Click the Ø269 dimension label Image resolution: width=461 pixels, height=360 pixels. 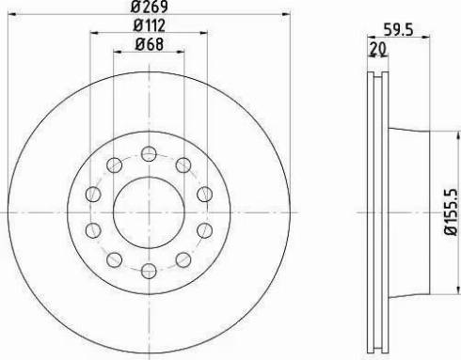pyautogui.click(x=150, y=7)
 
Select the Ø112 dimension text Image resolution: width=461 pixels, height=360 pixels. pyautogui.click(x=150, y=25)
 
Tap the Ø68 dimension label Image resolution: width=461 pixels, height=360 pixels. pyautogui.click(x=150, y=44)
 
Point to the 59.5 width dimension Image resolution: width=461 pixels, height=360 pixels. pyautogui.click(x=399, y=30)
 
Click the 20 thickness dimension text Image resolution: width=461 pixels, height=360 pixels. pyautogui.click(x=377, y=49)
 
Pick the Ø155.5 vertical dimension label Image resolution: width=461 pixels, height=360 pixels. pyautogui.click(x=452, y=212)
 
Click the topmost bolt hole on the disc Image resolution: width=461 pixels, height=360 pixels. pyautogui.click(x=149, y=154)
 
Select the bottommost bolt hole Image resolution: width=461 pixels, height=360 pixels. pyautogui.click(x=149, y=271)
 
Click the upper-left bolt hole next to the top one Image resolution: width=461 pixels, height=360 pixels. pyautogui.click(x=114, y=164)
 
